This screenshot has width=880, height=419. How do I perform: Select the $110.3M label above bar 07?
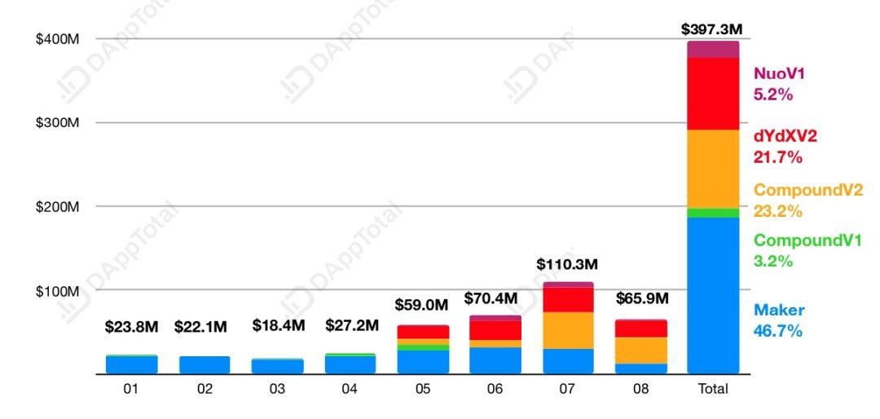pyautogui.click(x=567, y=265)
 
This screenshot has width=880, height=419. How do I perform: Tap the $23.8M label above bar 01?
pyautogui.click(x=131, y=327)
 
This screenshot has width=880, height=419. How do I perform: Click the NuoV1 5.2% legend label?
pyautogui.click(x=773, y=84)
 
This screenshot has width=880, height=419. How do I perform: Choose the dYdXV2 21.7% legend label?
pyautogui.click(x=785, y=146)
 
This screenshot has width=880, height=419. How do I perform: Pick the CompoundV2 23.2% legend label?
pyautogui.click(x=807, y=201)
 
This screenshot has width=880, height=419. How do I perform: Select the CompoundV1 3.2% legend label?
pyautogui.click(x=807, y=251)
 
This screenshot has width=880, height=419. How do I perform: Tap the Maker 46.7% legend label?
pyautogui.click(x=779, y=320)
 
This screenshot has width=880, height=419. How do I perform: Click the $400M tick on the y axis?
pyautogui.click(x=57, y=39)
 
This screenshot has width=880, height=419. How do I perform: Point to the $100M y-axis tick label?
pyautogui.click(x=57, y=291)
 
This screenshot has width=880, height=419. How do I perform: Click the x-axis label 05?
pyautogui.click(x=422, y=390)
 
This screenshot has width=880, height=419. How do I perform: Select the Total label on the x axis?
pyautogui.click(x=713, y=390)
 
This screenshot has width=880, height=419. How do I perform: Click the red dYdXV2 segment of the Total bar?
pyautogui.click(x=713, y=94)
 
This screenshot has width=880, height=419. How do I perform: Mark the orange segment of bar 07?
pyautogui.click(x=567, y=330)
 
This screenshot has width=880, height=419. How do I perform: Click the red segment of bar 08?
pyautogui.click(x=640, y=329)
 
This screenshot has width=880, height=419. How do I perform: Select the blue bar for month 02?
pyautogui.click(x=205, y=364)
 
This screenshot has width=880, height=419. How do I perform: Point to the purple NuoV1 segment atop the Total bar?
pyautogui.click(x=713, y=49)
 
